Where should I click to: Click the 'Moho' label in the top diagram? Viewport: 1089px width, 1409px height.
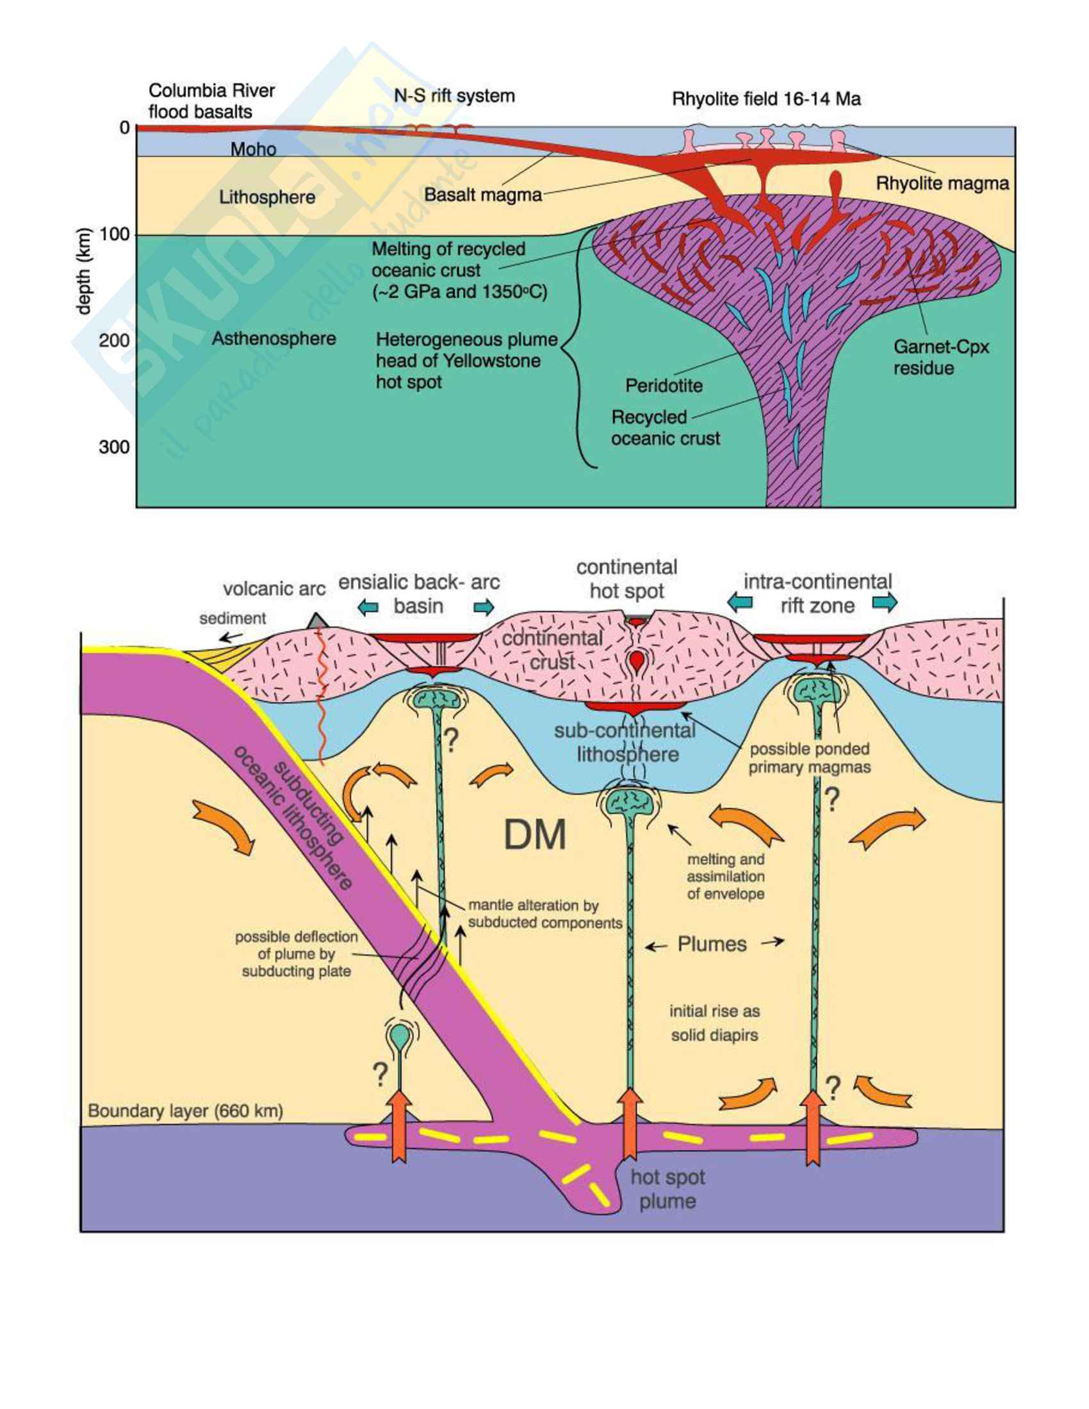253,149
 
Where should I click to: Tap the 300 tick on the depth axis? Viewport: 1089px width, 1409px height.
114,446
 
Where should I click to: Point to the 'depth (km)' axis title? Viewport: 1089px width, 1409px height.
84,272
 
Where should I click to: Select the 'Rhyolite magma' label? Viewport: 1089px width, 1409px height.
942,183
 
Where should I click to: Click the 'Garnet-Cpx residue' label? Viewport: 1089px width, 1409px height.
940,357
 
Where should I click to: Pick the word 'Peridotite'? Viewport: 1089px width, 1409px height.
664,385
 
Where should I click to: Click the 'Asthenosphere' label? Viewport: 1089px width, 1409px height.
274,338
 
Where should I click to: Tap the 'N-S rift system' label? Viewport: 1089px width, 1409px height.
454,96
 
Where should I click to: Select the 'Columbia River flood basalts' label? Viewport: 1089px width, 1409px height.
211,101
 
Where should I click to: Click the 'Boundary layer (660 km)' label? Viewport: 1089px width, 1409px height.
185,1111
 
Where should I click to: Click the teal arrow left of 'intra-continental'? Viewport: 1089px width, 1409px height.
740,602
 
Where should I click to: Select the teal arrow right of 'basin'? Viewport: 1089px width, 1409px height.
484,607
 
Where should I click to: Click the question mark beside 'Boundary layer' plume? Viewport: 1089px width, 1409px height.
380,1075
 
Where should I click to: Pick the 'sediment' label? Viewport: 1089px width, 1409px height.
233,618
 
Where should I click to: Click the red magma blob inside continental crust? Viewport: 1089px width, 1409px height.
637,661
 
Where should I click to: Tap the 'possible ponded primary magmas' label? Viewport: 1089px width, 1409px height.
809,758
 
